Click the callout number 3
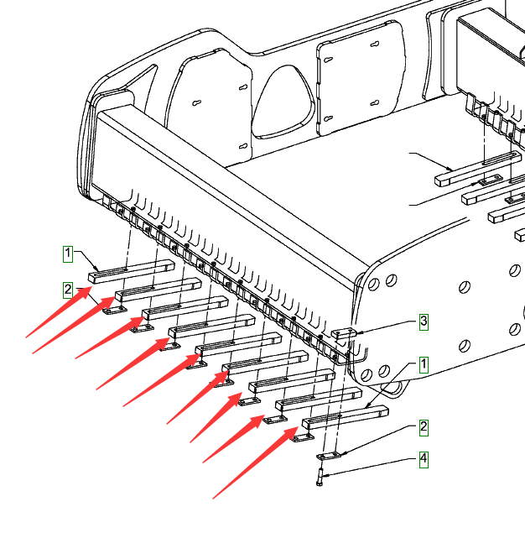[x=424, y=321]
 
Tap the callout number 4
[x=424, y=459]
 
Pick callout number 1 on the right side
[x=424, y=364]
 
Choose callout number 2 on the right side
[x=424, y=427]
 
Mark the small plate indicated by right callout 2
[x=331, y=455]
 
